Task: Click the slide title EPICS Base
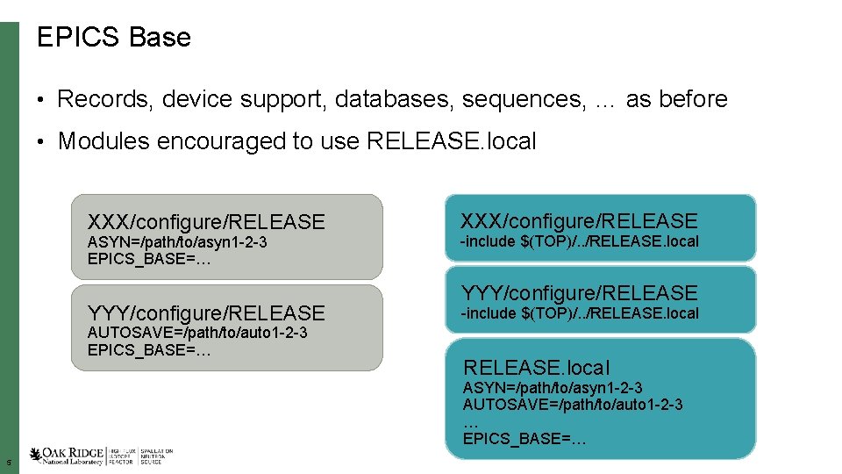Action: [x=113, y=38]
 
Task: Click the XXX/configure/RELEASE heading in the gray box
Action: [x=206, y=222]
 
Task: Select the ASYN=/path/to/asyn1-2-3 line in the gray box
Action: [x=177, y=242]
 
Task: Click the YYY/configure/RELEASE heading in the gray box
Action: [x=206, y=312]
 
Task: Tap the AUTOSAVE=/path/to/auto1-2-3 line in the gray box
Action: [x=197, y=333]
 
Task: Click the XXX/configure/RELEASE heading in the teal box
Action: [x=580, y=221]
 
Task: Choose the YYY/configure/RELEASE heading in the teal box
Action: [x=580, y=293]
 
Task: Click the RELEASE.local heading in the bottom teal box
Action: [x=536, y=368]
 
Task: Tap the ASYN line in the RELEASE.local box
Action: [x=553, y=388]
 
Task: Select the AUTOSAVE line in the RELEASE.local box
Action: [x=573, y=405]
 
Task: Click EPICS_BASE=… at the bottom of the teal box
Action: [x=524, y=438]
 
